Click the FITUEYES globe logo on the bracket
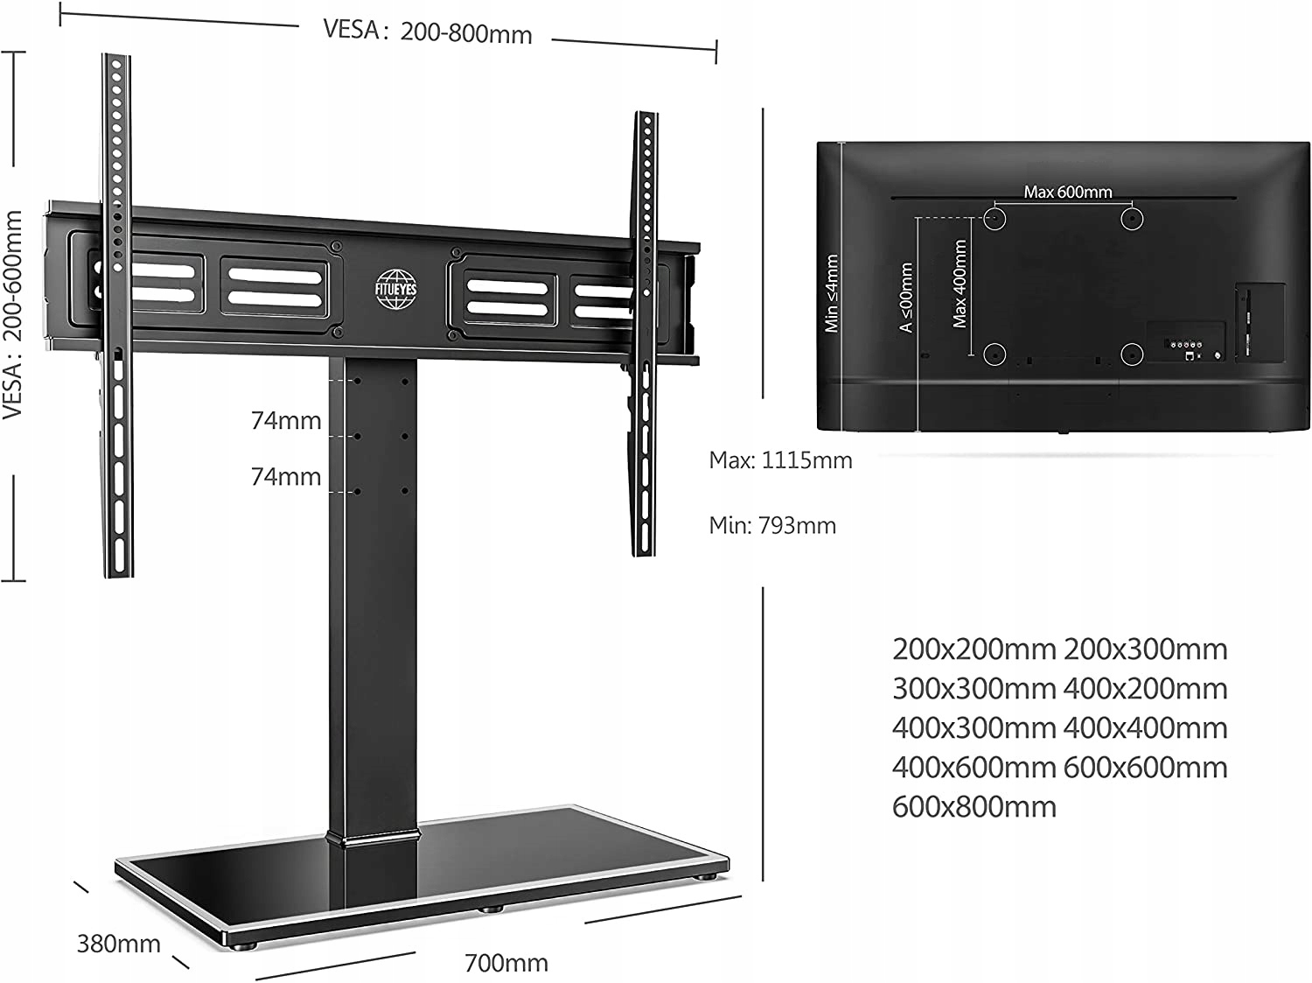pos(396,290)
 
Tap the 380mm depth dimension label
pos(119,944)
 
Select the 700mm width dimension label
pos(506,963)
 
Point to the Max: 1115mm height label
pos(780,460)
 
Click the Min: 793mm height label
pos(772,525)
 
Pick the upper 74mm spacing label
pos(286,421)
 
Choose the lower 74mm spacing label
pos(286,477)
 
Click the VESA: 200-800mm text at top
pos(428,32)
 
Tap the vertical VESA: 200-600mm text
pos(13,313)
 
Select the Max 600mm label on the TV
pos(1067,192)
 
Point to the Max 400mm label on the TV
pos(960,284)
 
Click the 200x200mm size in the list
pos(974,649)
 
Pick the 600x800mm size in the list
pos(974,807)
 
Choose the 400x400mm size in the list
pos(1146,728)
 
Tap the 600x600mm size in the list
pos(1146,768)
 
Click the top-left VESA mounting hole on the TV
pos(994,218)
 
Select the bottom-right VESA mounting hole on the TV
pos(1132,355)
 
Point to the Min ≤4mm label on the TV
pos(832,293)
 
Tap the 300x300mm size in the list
pos(974,689)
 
